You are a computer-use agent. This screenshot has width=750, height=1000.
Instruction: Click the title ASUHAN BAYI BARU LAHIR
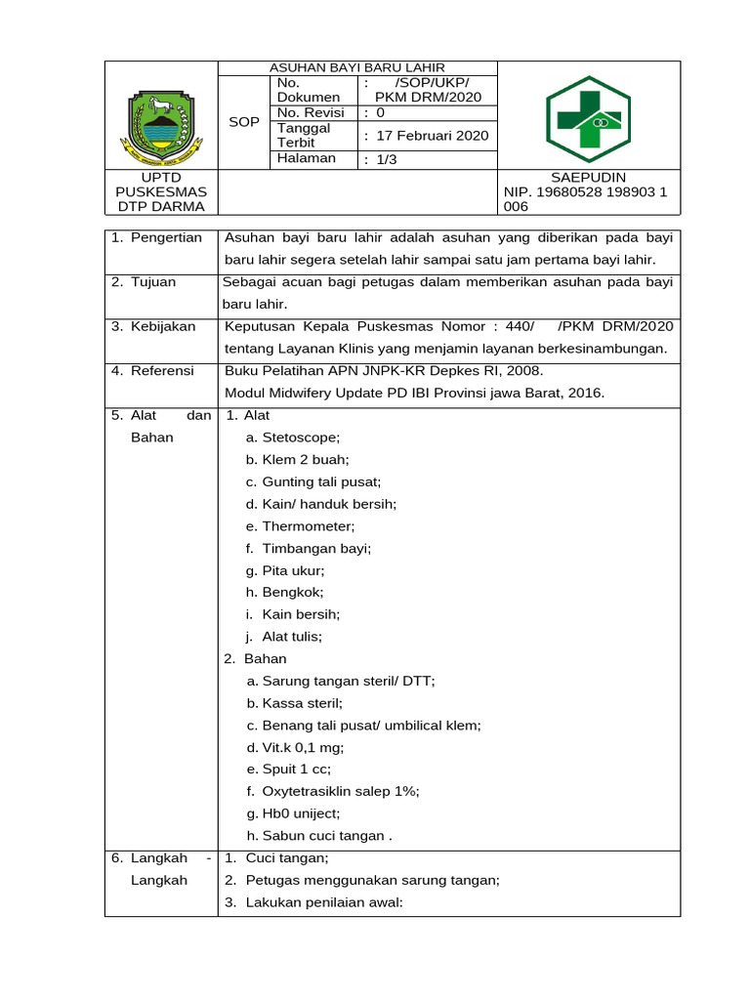(357, 67)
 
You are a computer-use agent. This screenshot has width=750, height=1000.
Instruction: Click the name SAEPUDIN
(588, 177)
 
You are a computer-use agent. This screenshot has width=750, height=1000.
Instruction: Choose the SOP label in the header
(243, 121)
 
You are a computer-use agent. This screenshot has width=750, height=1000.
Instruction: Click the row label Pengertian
(165, 237)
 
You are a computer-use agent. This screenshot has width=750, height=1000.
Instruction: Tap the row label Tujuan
(153, 282)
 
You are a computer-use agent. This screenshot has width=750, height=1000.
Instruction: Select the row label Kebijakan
(163, 326)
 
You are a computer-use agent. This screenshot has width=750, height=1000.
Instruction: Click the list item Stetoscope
(300, 437)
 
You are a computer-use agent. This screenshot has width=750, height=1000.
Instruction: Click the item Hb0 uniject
(301, 813)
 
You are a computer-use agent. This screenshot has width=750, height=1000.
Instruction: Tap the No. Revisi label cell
(311, 112)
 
